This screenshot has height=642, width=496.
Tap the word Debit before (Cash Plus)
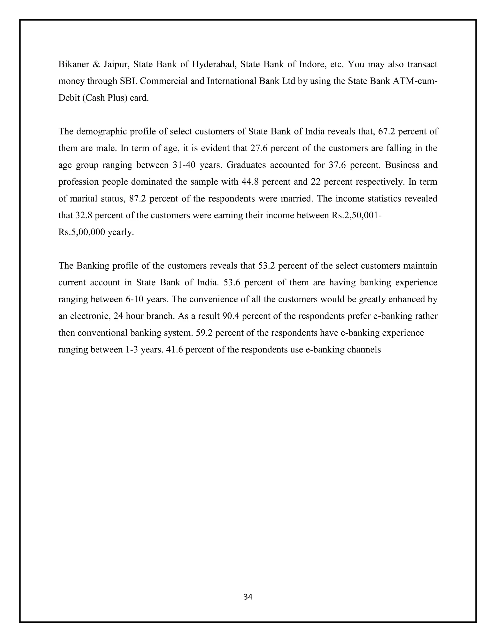(x=69, y=98)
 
